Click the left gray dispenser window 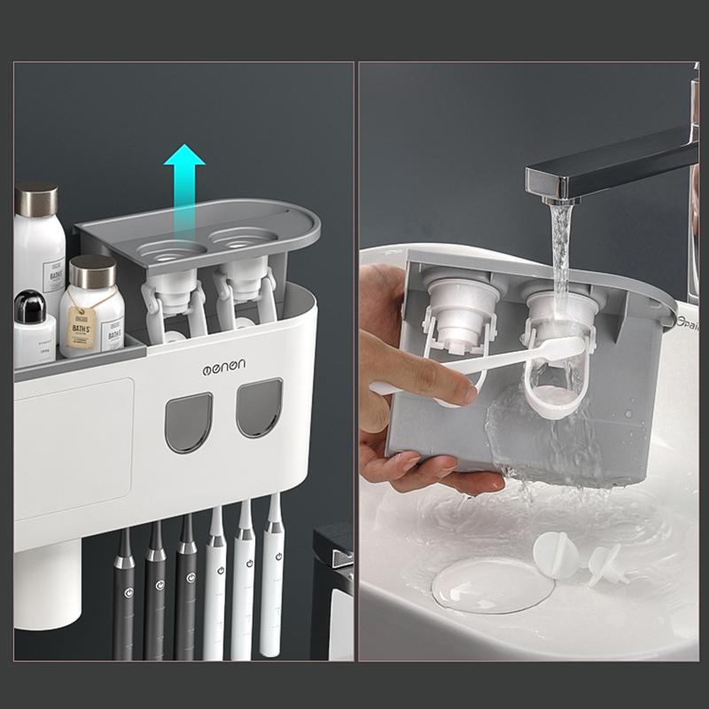click(188, 421)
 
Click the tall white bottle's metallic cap click(36, 198)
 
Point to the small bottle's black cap click(30, 305)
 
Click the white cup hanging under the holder click(48, 584)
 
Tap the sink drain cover click(492, 584)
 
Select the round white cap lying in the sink click(556, 557)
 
